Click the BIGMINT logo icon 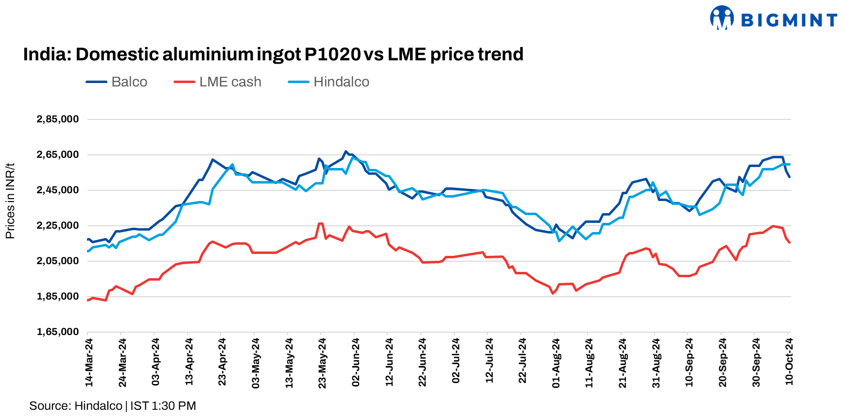click(x=722, y=18)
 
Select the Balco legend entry click(x=117, y=82)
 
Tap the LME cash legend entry click(x=218, y=82)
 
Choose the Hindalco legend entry click(x=329, y=82)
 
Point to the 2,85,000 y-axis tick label click(x=57, y=119)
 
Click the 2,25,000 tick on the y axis click(x=57, y=225)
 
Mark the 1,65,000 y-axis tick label click(x=57, y=332)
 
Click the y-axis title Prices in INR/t click(x=10, y=201)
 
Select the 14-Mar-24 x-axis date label click(x=89, y=363)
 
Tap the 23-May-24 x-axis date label click(x=322, y=363)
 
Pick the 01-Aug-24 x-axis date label click(x=556, y=363)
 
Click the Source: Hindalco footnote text click(x=76, y=406)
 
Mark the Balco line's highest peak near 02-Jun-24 click(x=345, y=151)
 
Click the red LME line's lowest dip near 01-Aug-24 click(x=553, y=293)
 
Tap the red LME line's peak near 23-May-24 click(x=320, y=223)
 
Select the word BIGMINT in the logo click(x=789, y=20)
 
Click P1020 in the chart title click(x=332, y=54)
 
